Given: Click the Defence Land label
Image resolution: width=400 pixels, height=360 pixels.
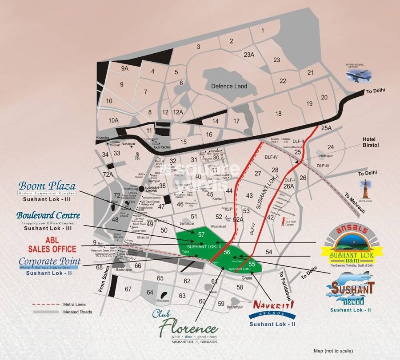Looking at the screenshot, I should coord(228,86).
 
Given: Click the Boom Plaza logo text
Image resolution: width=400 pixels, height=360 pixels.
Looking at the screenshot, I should coord(46,186).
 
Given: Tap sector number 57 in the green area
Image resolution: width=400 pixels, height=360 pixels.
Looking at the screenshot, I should coord(201,234).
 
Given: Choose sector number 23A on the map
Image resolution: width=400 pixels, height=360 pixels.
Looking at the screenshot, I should coord(249,55).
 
